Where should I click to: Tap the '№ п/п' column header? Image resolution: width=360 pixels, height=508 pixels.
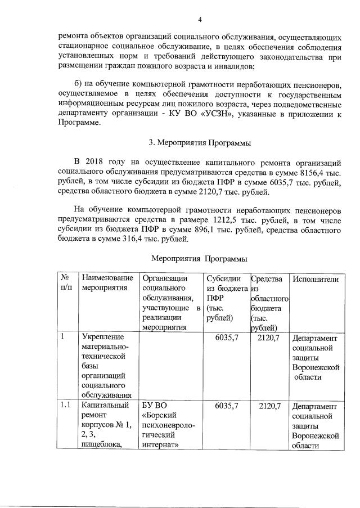click(x=67, y=284)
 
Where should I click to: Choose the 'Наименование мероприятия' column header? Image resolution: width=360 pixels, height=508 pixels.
click(x=107, y=284)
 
